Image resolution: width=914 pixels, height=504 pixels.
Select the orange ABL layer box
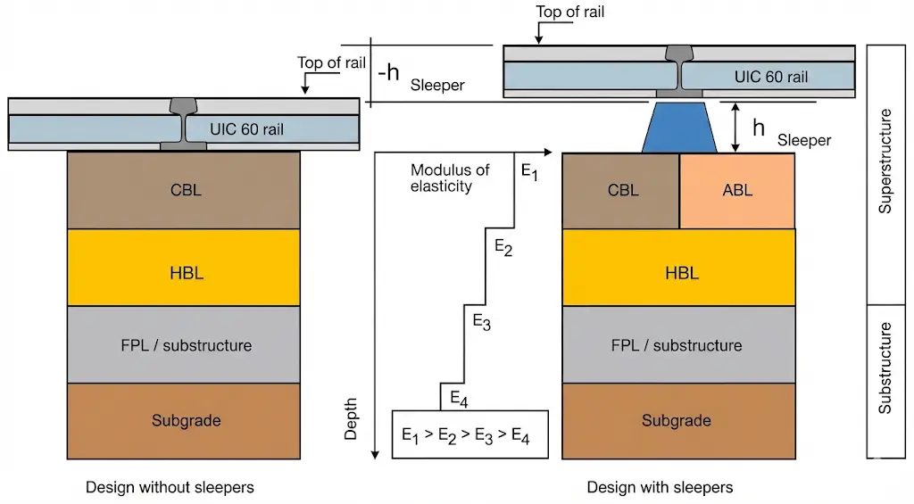(737, 191)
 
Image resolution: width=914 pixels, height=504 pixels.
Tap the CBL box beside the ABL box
(621, 191)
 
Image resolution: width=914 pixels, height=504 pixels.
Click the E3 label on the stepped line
(481, 323)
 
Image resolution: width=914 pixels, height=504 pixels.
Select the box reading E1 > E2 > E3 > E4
(470, 435)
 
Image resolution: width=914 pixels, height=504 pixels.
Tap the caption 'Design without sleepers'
(170, 487)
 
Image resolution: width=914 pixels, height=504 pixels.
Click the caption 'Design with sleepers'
(660, 487)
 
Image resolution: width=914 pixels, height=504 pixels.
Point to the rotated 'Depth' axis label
(351, 419)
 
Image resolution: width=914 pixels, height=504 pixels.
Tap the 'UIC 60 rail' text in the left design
(247, 129)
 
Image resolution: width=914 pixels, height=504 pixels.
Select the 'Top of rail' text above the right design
(571, 12)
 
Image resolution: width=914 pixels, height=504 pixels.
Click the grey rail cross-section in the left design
(184, 123)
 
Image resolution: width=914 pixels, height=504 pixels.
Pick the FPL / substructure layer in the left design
(184, 345)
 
